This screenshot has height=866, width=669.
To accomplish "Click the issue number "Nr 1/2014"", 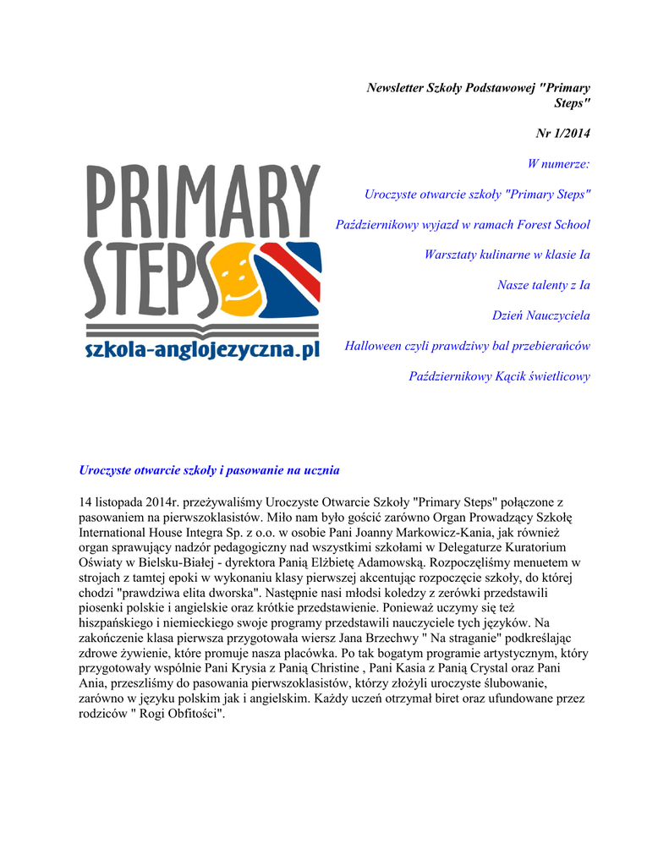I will pos(563,134).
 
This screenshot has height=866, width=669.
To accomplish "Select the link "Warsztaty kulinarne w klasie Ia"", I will pos(507,255).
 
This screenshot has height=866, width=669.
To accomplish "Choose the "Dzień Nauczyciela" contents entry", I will pos(540,315).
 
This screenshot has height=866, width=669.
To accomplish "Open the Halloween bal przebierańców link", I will pos(467,346).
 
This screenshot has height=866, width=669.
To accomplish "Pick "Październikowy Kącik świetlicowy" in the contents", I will pos(499,376).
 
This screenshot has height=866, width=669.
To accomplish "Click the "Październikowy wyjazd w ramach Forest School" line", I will pos(463,224).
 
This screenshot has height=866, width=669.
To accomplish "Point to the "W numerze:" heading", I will pos(558,163).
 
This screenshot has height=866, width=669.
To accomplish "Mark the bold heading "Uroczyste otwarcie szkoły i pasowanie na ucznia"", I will pos(209,469).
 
